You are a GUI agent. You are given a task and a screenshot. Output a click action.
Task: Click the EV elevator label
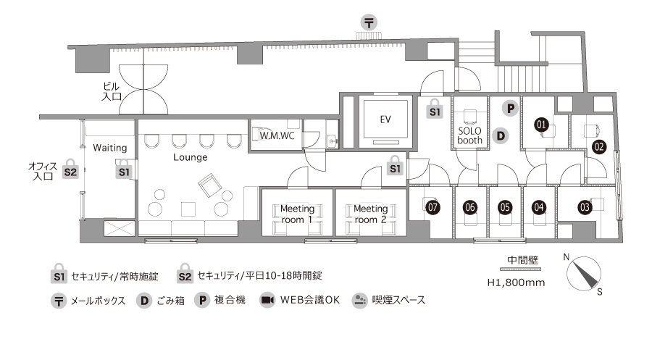(x=385, y=120)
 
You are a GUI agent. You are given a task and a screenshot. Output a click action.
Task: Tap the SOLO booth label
(x=469, y=135)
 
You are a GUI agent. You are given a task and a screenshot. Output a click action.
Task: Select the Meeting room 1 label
(x=297, y=214)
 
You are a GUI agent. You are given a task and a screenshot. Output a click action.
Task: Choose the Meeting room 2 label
(x=370, y=214)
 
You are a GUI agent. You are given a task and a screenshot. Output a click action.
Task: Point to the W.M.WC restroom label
(x=277, y=135)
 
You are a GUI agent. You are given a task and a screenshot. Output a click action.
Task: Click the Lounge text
(x=190, y=157)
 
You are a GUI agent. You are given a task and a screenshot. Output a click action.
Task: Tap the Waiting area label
(x=110, y=148)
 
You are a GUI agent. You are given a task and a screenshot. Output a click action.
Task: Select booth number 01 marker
(x=541, y=125)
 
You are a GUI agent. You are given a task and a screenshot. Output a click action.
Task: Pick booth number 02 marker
(x=599, y=147)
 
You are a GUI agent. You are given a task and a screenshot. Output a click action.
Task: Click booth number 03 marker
(x=585, y=207)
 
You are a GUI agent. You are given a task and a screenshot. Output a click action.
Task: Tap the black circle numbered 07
(x=433, y=207)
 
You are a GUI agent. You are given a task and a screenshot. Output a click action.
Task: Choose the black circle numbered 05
(x=505, y=207)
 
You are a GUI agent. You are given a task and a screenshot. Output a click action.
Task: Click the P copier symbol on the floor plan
(x=510, y=109)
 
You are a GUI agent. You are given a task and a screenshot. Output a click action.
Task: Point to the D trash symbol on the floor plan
(x=501, y=136)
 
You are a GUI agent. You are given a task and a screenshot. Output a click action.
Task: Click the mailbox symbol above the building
(x=369, y=22)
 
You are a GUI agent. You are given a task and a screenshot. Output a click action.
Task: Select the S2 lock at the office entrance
(x=70, y=169)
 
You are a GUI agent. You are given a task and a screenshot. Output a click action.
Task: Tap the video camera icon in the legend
(x=267, y=300)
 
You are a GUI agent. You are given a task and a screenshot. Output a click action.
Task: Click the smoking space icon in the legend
(x=359, y=300)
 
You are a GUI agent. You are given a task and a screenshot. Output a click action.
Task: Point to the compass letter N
(x=566, y=257)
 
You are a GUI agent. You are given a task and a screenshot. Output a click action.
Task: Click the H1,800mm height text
(x=516, y=282)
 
